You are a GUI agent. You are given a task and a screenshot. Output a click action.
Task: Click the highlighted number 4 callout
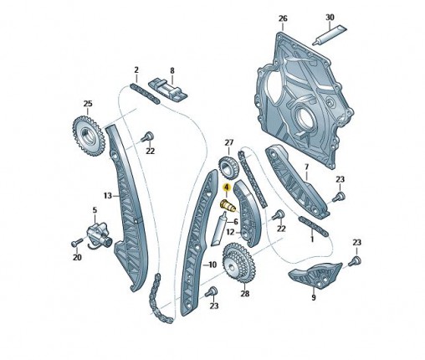227,187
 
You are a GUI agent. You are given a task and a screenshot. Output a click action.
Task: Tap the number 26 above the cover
283,19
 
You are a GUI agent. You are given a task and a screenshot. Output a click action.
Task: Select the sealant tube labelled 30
330,35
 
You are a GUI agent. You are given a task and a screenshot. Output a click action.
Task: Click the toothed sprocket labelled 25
89,136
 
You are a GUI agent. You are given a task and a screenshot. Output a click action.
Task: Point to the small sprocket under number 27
228,167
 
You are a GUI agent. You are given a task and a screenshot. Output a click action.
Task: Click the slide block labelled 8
168,90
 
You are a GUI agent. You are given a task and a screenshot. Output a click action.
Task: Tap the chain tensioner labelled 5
99,235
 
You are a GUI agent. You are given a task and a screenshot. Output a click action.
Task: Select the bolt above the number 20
77,242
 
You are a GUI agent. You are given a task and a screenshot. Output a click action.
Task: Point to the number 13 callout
108,196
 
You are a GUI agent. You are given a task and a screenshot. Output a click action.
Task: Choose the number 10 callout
212,265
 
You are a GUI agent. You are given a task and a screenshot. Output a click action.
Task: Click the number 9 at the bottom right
314,297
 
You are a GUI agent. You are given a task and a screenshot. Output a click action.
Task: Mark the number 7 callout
307,167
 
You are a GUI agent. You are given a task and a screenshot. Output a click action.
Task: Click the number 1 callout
312,239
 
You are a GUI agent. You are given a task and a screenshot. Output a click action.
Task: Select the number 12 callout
230,232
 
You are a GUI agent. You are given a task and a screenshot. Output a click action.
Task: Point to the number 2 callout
136,69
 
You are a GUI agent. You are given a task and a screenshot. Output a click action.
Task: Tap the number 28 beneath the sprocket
245,294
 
